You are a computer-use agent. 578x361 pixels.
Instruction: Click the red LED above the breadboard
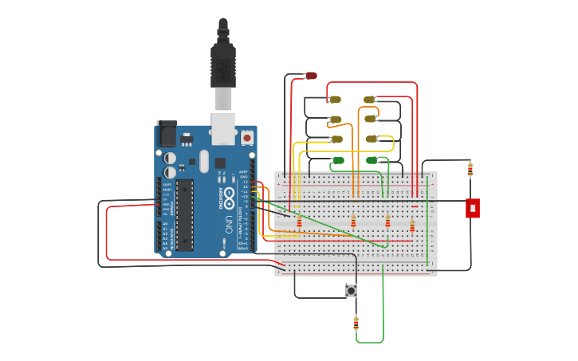pos(311,76)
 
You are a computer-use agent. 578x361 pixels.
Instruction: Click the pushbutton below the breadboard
pos(351,291)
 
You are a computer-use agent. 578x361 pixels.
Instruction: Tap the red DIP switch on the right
pos(473,208)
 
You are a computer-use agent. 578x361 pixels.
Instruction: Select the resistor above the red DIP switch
pos(470,169)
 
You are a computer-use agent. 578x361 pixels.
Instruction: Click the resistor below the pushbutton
pos(356,324)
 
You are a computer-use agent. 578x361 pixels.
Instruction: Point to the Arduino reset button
pos(246,138)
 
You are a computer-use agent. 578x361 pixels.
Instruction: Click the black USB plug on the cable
pos(223,64)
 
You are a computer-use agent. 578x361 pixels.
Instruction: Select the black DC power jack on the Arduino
pos(167,134)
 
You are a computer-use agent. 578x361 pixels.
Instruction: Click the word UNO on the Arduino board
pos(228,220)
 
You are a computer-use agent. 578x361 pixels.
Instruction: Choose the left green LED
pos(338,161)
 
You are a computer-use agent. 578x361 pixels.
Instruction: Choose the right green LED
pos(372,161)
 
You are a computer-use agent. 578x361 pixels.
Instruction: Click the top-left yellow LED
pos(335,100)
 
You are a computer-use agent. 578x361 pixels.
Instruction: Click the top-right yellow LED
pos(369,100)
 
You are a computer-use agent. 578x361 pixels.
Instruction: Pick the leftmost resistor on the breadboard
pos(300,221)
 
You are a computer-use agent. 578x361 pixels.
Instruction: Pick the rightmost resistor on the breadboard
pos(412,226)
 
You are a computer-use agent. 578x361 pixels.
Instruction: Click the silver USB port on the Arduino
pos(223,128)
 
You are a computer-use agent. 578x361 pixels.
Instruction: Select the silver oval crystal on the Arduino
pos(204,161)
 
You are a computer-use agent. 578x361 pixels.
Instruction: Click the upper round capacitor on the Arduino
pos(170,158)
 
